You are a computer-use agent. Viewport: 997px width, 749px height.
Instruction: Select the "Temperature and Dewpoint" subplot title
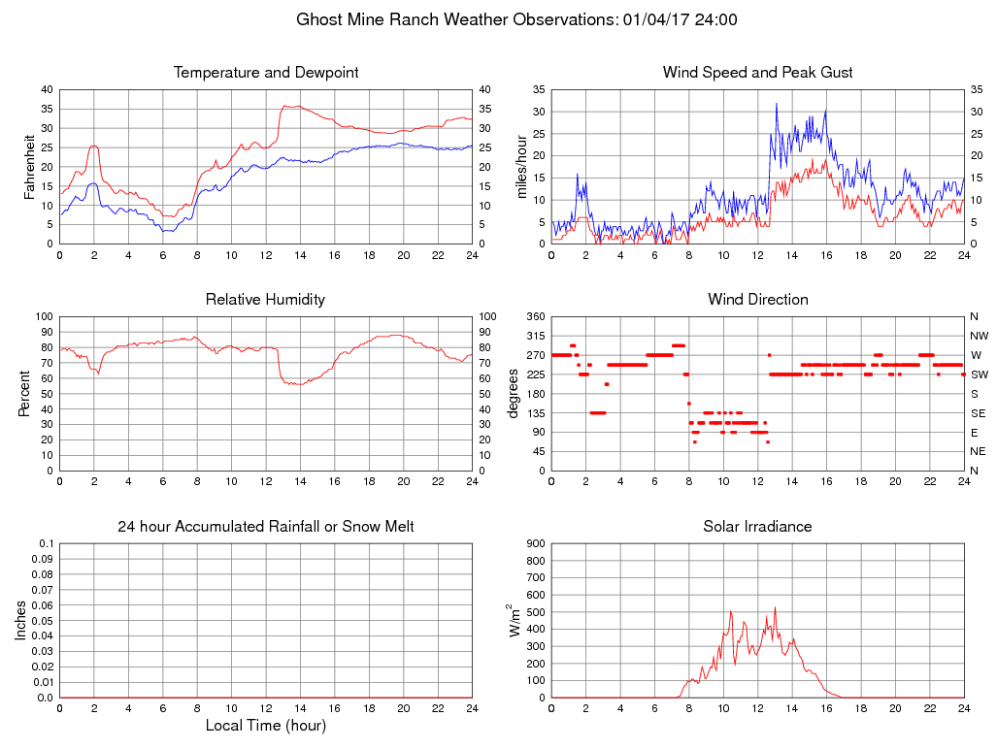point(266,73)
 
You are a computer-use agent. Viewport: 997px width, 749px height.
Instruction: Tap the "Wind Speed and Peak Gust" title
point(757,73)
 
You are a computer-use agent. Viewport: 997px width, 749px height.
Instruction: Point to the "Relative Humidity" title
point(265,300)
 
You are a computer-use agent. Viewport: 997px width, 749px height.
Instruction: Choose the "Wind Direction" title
point(757,300)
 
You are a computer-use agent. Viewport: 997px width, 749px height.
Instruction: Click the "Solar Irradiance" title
point(757,527)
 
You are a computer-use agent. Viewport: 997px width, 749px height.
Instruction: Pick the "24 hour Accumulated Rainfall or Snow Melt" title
point(266,527)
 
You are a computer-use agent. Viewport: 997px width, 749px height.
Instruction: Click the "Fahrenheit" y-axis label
point(30,167)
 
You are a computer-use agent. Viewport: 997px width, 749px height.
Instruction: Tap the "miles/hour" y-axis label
point(521,167)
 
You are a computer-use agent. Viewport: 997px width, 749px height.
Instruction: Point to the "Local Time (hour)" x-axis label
point(266,726)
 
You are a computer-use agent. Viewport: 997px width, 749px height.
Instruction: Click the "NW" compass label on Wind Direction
point(979,336)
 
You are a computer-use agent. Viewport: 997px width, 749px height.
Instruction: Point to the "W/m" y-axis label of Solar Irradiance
point(515,621)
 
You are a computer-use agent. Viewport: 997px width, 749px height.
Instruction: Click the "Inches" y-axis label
point(21,621)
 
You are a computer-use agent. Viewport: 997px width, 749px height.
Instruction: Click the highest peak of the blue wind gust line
point(776,104)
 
